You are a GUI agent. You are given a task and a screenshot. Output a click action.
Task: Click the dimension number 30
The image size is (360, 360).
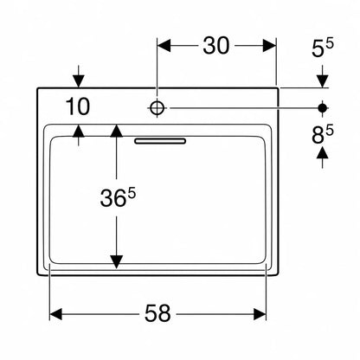216,46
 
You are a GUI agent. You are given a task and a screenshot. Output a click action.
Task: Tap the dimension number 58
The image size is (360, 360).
157,313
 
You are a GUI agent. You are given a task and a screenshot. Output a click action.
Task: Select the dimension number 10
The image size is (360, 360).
78,106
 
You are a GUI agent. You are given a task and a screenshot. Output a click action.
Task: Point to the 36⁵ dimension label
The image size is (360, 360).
118,197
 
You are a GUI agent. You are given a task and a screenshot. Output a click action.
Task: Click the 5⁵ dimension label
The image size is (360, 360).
322,48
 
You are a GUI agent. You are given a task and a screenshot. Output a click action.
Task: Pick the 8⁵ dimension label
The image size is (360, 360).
322,134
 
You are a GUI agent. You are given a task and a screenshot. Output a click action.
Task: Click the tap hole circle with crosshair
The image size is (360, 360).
157,108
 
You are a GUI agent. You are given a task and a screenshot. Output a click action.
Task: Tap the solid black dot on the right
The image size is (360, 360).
323,108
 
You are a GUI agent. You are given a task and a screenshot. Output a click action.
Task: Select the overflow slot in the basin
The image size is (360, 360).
160,141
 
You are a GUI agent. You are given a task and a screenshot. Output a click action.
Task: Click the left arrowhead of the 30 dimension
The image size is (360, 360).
164,46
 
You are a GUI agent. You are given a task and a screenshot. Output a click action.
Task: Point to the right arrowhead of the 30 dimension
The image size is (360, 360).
270,46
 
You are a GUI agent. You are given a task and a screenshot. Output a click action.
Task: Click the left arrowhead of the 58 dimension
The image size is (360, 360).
56,314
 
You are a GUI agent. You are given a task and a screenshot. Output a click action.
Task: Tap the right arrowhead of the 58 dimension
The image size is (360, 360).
260,314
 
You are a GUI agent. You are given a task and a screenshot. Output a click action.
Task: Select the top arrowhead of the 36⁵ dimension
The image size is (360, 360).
117,131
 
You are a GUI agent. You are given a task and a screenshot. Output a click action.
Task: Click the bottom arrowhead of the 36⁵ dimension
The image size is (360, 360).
117,262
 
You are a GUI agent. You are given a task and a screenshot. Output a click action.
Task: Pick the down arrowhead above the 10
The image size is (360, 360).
79,81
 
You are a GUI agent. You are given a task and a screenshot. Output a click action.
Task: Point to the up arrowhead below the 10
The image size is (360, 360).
79,131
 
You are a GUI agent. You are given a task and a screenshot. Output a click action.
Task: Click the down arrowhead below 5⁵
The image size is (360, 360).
323,81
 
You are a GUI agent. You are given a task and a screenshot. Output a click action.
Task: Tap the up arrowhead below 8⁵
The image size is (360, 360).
323,152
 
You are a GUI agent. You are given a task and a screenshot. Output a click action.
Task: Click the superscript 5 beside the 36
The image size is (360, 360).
132,193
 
